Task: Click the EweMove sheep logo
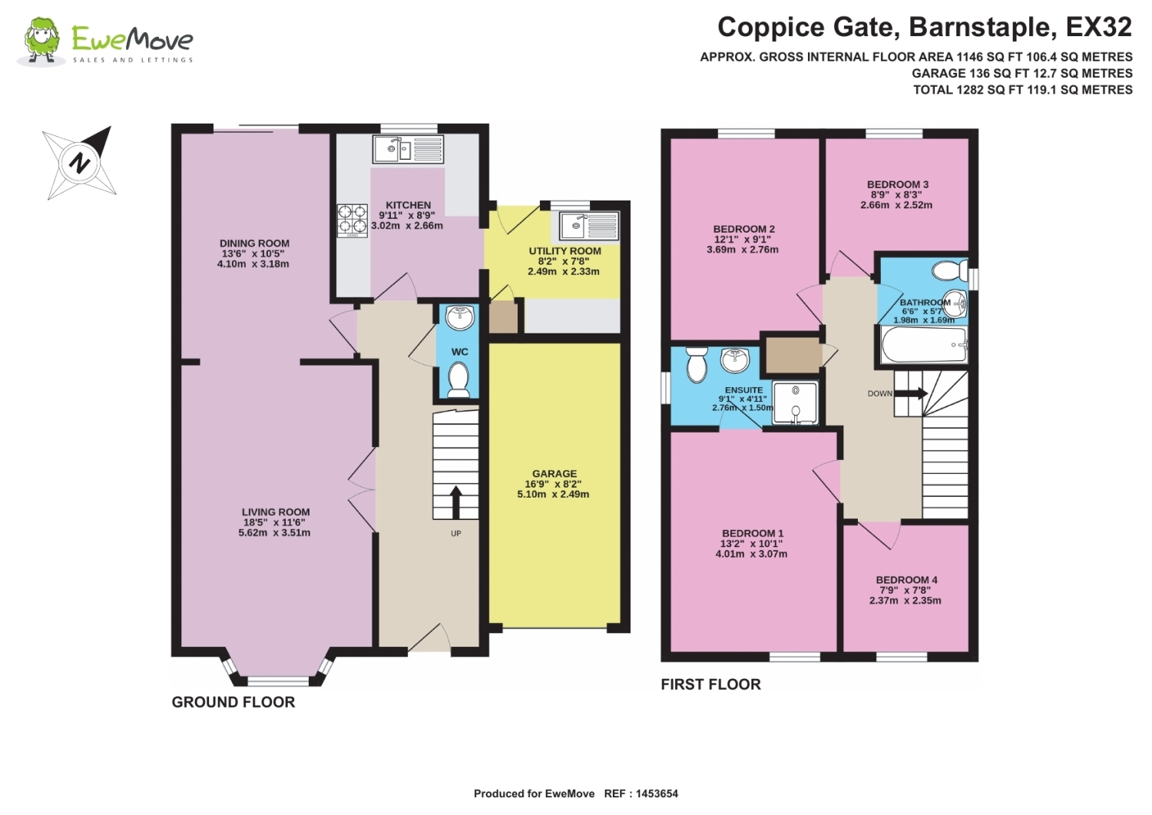click(41, 41)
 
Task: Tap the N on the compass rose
click(80, 164)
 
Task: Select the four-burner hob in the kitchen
click(353, 220)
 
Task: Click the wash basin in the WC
click(459, 317)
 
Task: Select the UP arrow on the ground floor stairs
click(455, 502)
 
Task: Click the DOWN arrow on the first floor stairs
click(912, 394)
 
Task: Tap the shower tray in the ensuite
click(795, 403)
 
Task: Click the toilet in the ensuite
click(697, 363)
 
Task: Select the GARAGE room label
click(554, 473)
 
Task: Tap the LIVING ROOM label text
click(276, 512)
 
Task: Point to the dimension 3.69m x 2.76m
click(743, 250)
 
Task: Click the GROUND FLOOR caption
click(233, 702)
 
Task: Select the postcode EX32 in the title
click(1098, 27)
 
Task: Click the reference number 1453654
click(657, 793)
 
